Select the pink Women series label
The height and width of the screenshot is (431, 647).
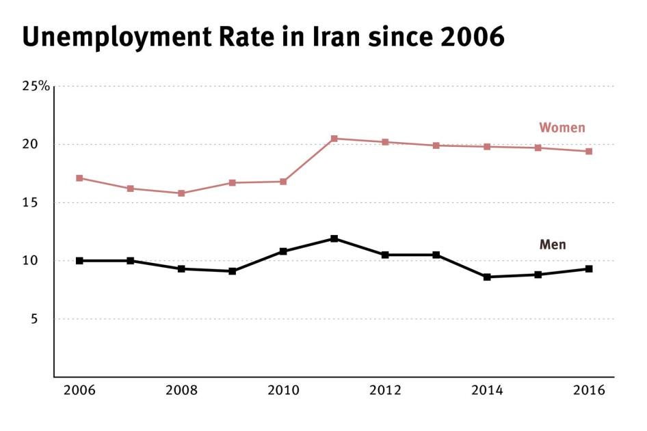click(562, 128)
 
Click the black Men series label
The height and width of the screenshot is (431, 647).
click(553, 245)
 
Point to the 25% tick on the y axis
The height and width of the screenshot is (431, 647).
click(35, 86)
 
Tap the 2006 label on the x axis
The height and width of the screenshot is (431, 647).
click(79, 391)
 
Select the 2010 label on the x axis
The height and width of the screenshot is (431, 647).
click(283, 391)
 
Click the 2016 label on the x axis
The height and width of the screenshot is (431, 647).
click(588, 391)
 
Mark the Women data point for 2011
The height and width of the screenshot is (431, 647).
click(334, 139)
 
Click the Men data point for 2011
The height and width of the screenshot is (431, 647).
click(334, 238)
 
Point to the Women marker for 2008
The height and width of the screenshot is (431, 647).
click(181, 193)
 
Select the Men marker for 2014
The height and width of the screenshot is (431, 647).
click(487, 277)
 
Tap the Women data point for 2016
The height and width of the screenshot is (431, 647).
click(589, 151)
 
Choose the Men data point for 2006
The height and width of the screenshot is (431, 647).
click(79, 260)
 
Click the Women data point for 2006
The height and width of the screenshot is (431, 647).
click(79, 178)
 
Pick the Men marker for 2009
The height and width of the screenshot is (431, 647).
click(233, 271)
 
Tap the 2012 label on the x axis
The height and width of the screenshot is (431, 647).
click(385, 391)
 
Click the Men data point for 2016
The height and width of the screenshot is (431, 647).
click(589, 268)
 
